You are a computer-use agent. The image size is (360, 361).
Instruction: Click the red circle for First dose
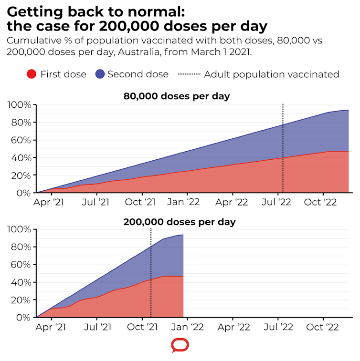(x=32, y=74)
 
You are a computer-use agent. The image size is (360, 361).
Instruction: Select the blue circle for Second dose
(x=99, y=74)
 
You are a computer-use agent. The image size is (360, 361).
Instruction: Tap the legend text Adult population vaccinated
(x=271, y=74)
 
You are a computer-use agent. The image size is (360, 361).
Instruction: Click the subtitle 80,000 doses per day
(x=177, y=96)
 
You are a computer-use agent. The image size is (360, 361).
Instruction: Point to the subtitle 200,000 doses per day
(x=180, y=222)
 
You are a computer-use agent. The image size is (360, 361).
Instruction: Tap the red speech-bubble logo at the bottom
(x=180, y=345)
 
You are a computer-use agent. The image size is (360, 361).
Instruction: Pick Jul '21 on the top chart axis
(x=96, y=202)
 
